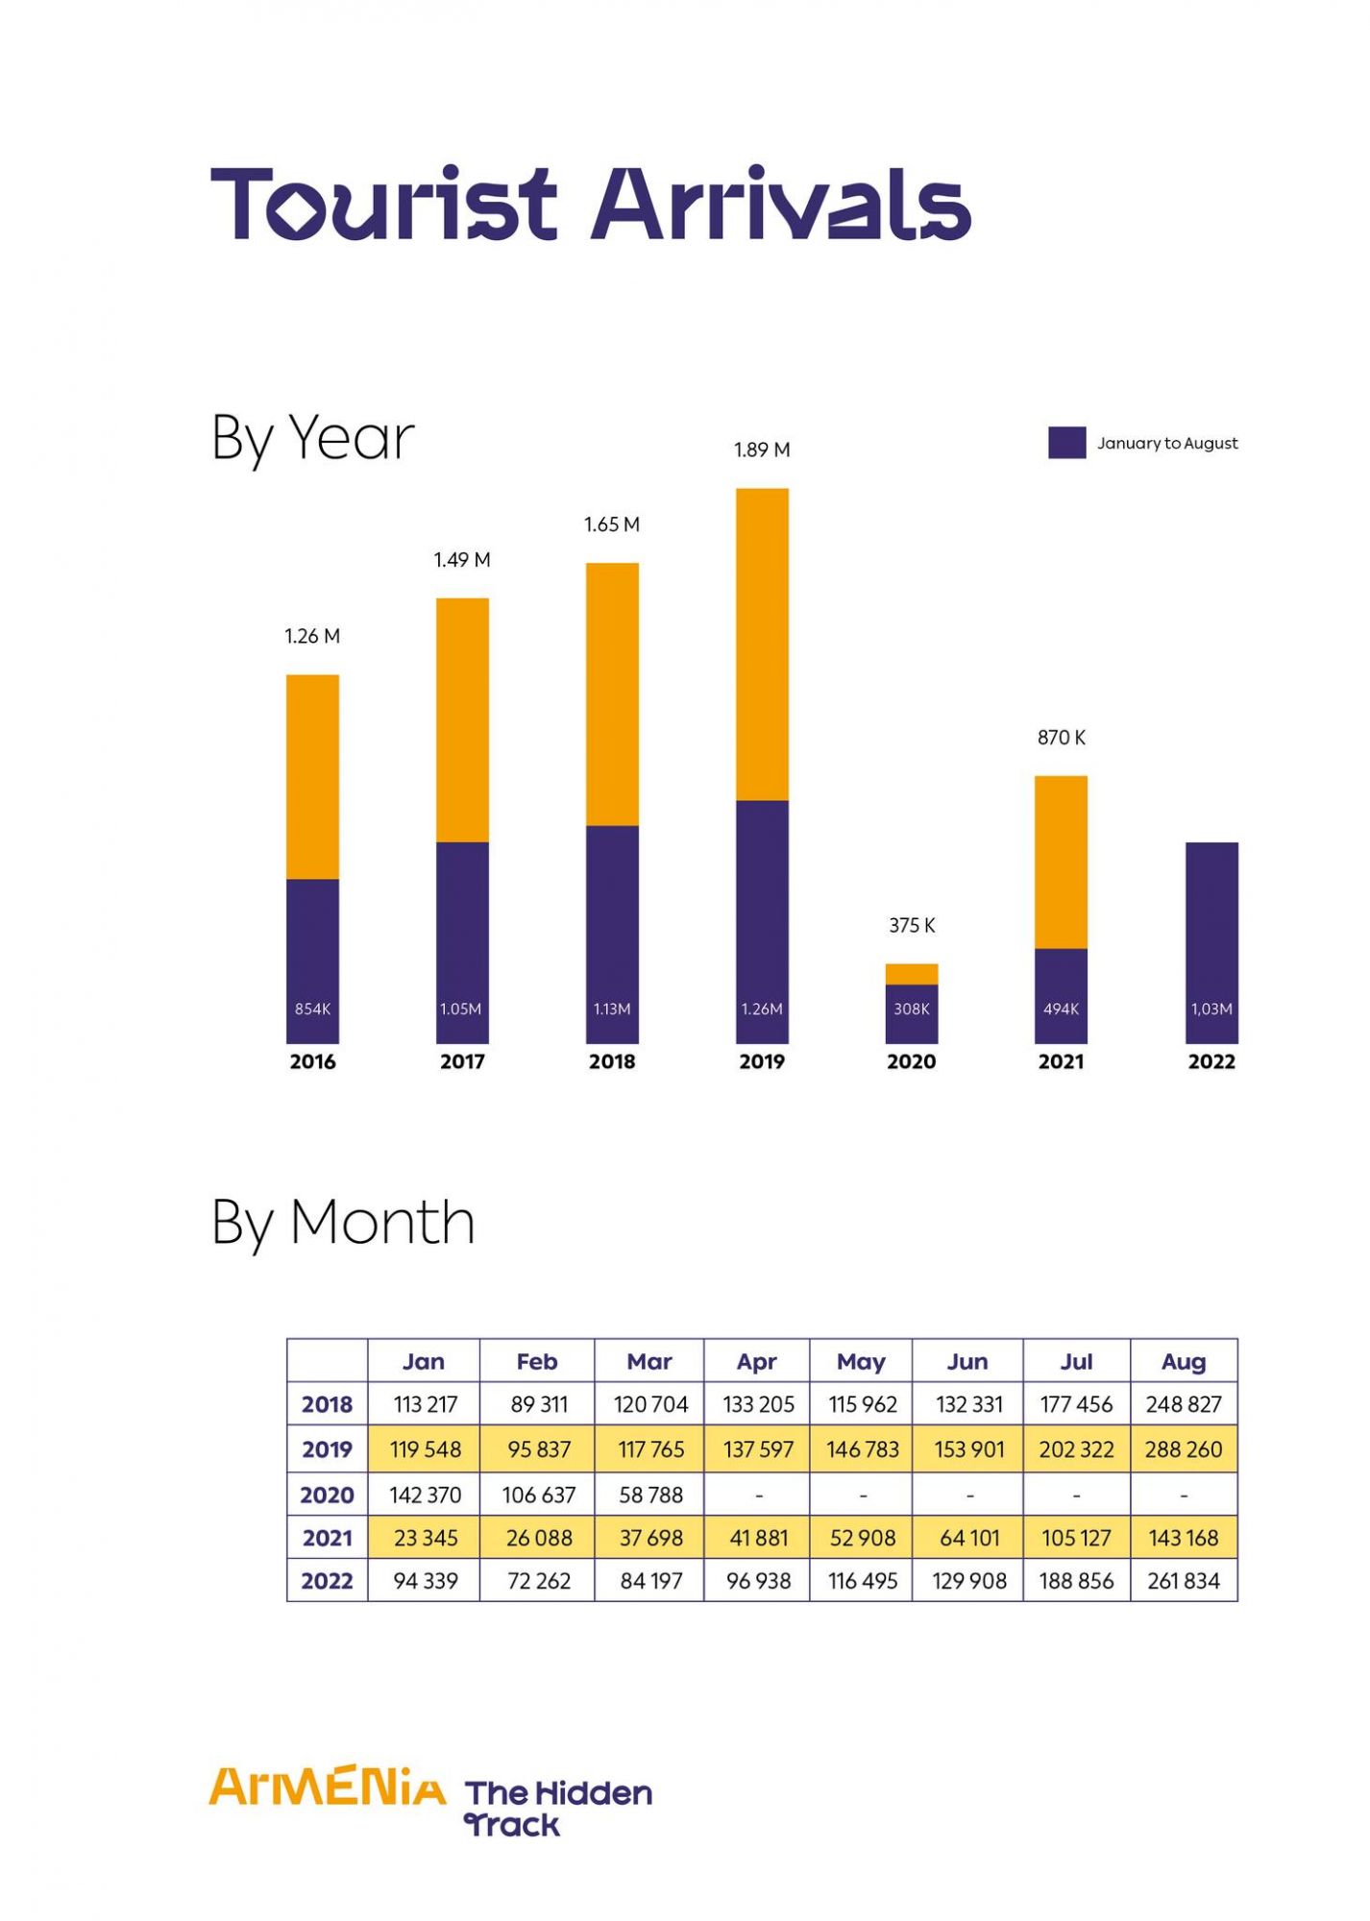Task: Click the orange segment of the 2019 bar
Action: [762, 644]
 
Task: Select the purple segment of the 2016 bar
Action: [312, 960]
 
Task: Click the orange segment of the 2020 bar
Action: [911, 974]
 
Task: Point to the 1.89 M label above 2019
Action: [762, 450]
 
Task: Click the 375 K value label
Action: [911, 925]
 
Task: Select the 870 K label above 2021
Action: [1061, 738]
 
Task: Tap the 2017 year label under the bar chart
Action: [462, 1061]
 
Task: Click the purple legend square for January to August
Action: [1066, 443]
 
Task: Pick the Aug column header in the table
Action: [1183, 1361]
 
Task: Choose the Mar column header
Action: [649, 1361]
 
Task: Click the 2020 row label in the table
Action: [327, 1495]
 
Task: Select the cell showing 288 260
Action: [1183, 1449]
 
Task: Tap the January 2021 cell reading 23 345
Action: [425, 1538]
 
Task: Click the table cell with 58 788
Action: [650, 1495]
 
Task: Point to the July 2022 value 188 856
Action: [1076, 1581]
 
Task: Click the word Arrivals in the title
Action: [781, 204]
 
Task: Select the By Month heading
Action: [343, 1223]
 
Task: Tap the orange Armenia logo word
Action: [327, 1787]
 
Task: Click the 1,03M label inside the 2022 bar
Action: [1211, 1009]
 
